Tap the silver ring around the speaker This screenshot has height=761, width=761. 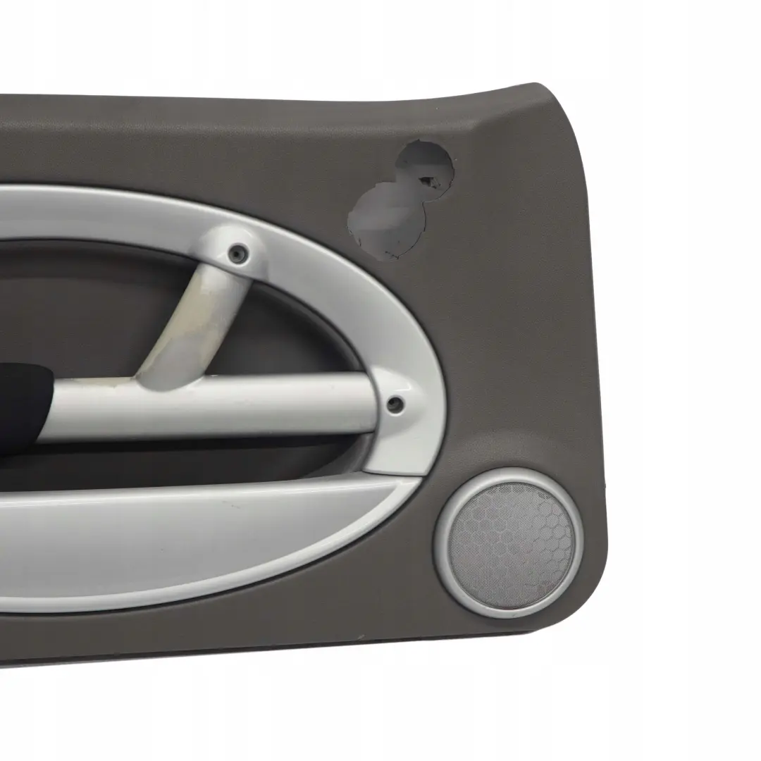click(x=449, y=564)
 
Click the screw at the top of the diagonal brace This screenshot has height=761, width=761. click(x=240, y=252)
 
